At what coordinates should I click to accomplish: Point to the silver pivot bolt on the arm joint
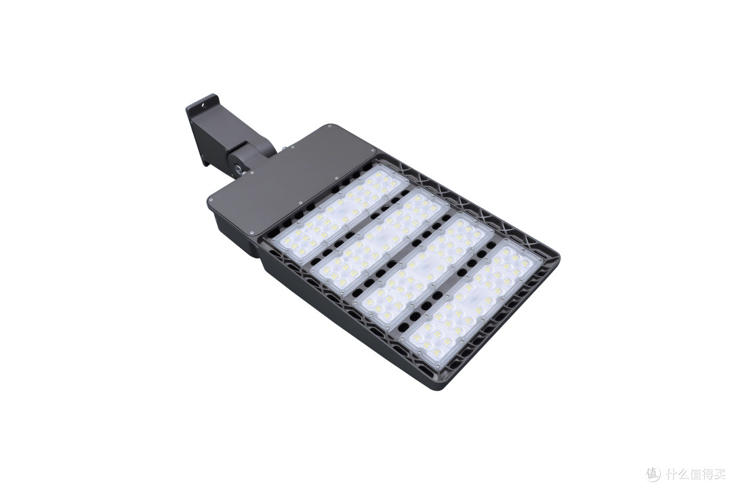tap(239, 169)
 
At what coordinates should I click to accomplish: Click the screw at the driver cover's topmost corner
tap(329, 127)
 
